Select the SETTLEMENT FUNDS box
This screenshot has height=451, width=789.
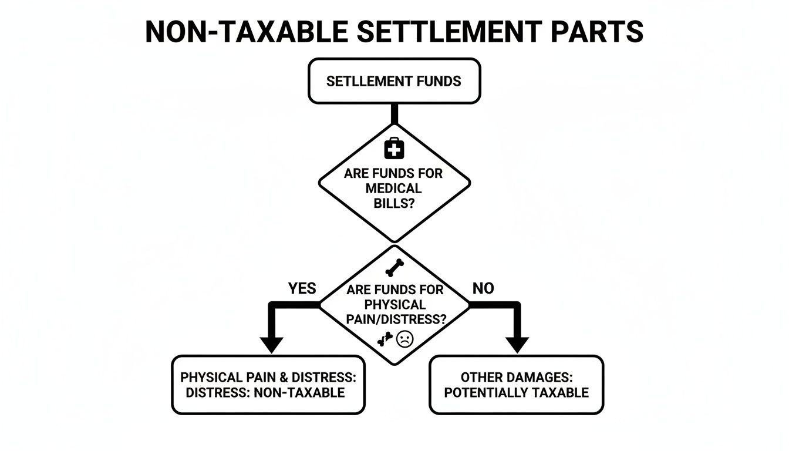point(394,81)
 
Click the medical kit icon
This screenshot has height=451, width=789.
point(394,149)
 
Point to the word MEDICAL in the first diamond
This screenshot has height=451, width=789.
point(393,189)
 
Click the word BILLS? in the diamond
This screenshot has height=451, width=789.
point(394,203)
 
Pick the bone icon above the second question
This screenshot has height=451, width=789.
point(394,268)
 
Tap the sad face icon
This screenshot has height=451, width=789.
point(405,339)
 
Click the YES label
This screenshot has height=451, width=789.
point(302,288)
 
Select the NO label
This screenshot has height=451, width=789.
point(483,288)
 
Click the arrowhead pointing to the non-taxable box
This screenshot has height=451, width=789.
point(271,344)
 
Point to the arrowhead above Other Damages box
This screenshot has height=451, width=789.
point(517,344)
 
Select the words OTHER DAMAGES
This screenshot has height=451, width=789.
point(516,377)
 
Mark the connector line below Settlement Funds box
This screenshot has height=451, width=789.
point(394,114)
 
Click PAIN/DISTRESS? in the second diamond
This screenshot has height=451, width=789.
point(395,320)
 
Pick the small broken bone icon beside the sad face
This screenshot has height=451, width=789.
point(385,339)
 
